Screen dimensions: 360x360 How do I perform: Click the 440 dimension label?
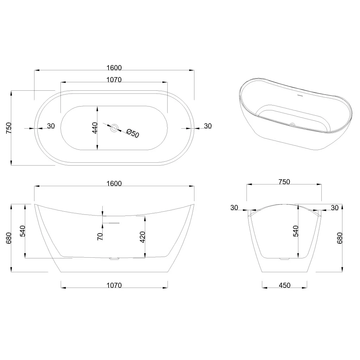point(95,128)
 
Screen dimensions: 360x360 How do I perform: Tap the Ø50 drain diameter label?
point(133,133)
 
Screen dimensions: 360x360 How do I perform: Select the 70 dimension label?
point(100,237)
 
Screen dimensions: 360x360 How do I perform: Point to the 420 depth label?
point(142,237)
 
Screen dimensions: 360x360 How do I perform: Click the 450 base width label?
point(284,285)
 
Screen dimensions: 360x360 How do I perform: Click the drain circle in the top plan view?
point(114,128)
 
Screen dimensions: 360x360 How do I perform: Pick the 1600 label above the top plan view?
point(114,68)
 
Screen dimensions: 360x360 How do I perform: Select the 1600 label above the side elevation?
point(114,184)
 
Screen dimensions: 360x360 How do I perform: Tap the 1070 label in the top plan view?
point(114,80)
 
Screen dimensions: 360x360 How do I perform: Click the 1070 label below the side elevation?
point(114,285)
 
